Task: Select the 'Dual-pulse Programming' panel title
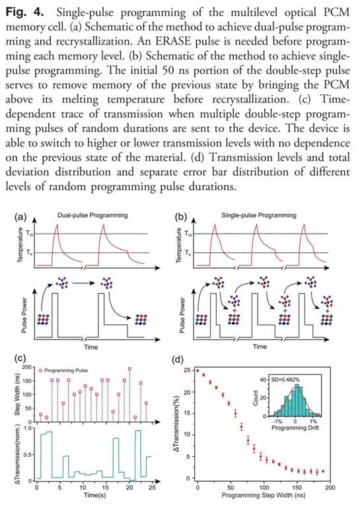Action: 92,215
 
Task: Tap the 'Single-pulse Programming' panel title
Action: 259,215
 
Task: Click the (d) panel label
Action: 180,360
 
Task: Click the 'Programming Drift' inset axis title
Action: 295,428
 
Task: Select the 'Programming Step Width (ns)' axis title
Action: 262,495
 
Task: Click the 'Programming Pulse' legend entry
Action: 66,370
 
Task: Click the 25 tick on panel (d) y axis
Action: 187,370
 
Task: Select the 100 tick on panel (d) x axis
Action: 264,488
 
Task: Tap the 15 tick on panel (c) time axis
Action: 106,488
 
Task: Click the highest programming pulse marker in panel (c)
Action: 130,369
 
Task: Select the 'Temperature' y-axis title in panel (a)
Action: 20,244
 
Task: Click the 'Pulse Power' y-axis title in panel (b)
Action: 182,315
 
